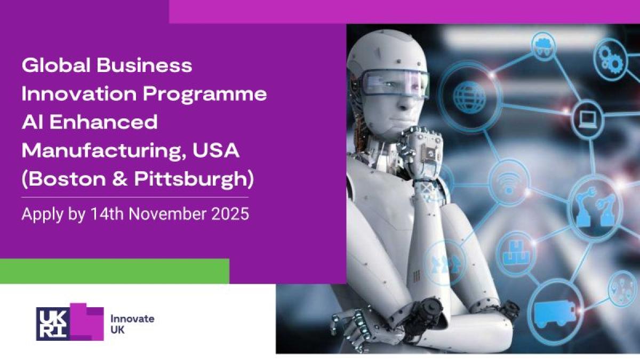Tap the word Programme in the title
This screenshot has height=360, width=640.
[205, 94]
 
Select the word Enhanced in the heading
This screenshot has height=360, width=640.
[103, 122]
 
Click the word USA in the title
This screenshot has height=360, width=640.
[215, 150]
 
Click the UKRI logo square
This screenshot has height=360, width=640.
[53, 324]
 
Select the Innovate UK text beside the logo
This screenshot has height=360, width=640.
[132, 324]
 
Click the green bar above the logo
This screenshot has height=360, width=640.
[115, 271]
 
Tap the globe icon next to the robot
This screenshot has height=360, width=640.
[469, 97]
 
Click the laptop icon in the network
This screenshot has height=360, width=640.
[588, 119]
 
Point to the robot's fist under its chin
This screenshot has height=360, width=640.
[420, 151]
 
